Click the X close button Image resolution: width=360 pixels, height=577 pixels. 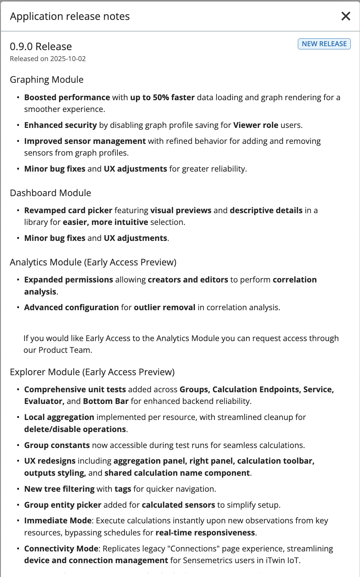(345, 16)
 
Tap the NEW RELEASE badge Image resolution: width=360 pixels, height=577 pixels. (324, 44)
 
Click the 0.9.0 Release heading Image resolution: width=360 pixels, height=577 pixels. (41, 47)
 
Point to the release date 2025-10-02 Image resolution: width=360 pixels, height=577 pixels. (68, 59)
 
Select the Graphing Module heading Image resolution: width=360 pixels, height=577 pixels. (47, 80)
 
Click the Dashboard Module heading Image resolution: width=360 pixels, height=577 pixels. (50, 193)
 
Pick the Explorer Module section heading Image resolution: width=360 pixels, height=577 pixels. (92, 372)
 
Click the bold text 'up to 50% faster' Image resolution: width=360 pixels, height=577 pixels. (162, 97)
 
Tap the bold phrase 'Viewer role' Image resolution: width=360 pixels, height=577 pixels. (256, 125)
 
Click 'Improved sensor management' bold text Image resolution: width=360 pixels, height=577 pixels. (85, 141)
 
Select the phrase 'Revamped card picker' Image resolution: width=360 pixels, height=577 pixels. (68, 210)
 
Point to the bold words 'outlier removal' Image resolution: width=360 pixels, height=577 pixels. (164, 307)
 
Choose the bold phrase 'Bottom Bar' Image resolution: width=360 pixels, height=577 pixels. (105, 401)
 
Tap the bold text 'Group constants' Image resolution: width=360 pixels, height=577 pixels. (57, 445)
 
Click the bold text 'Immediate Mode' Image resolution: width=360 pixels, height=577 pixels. (58, 521)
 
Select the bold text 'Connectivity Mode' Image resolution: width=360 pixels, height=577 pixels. (61, 549)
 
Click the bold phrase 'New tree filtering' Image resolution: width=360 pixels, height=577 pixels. (59, 489)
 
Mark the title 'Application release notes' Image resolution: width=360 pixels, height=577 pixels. (70, 16)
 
